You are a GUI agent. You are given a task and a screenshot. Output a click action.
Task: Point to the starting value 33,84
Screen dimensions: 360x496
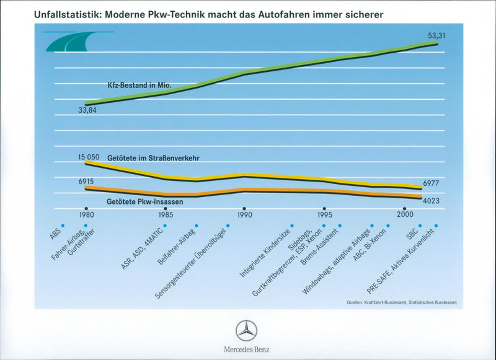pos(87,111)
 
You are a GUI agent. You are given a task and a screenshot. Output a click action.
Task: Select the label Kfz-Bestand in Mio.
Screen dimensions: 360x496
pos(139,84)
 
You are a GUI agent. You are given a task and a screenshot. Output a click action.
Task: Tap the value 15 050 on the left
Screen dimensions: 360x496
pos(89,157)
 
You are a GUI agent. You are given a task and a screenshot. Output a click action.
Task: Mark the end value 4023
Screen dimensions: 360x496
pos(432,201)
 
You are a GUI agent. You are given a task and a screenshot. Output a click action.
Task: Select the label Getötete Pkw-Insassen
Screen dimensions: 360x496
pos(144,201)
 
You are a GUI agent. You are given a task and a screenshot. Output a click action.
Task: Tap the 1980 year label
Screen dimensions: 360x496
pos(87,214)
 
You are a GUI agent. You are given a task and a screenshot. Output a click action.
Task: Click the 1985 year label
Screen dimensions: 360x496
pos(166,214)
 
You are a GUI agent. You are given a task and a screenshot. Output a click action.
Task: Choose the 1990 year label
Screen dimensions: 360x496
pos(244,214)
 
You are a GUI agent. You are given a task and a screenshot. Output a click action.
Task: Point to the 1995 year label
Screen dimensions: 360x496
pos(324,214)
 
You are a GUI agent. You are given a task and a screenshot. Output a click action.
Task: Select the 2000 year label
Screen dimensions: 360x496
pos(405,214)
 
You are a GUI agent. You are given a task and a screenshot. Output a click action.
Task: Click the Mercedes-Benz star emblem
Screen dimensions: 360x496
pos(247,330)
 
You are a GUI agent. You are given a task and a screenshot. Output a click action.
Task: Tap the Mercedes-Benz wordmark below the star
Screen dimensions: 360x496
pos(247,349)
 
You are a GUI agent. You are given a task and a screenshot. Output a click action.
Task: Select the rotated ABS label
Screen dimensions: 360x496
pos(55,234)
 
